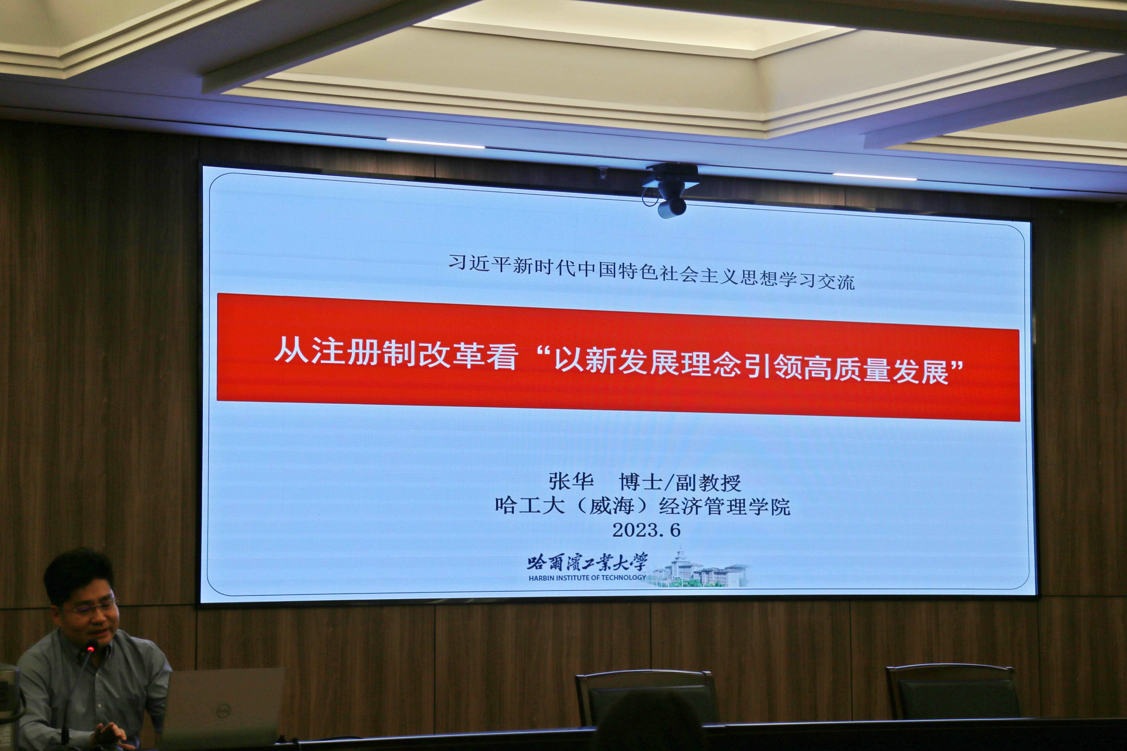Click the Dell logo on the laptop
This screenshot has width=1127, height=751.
223,711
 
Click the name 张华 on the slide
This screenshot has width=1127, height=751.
571,481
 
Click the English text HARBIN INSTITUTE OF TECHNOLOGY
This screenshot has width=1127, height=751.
587,578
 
